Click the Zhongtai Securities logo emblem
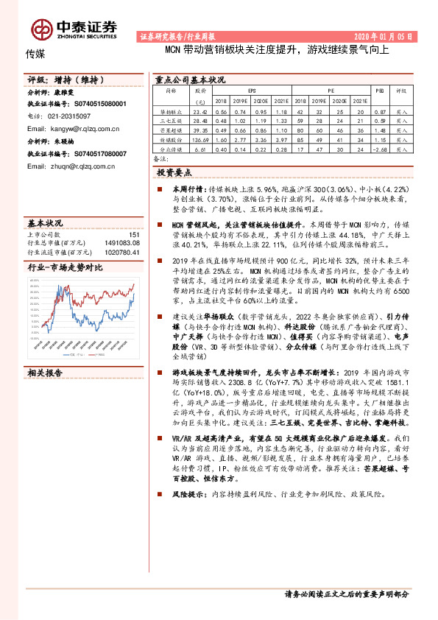[x=42, y=29]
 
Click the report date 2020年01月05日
[x=389, y=36]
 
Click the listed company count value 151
[x=134, y=234]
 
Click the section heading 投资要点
[x=174, y=172]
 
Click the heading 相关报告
[x=45, y=373]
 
